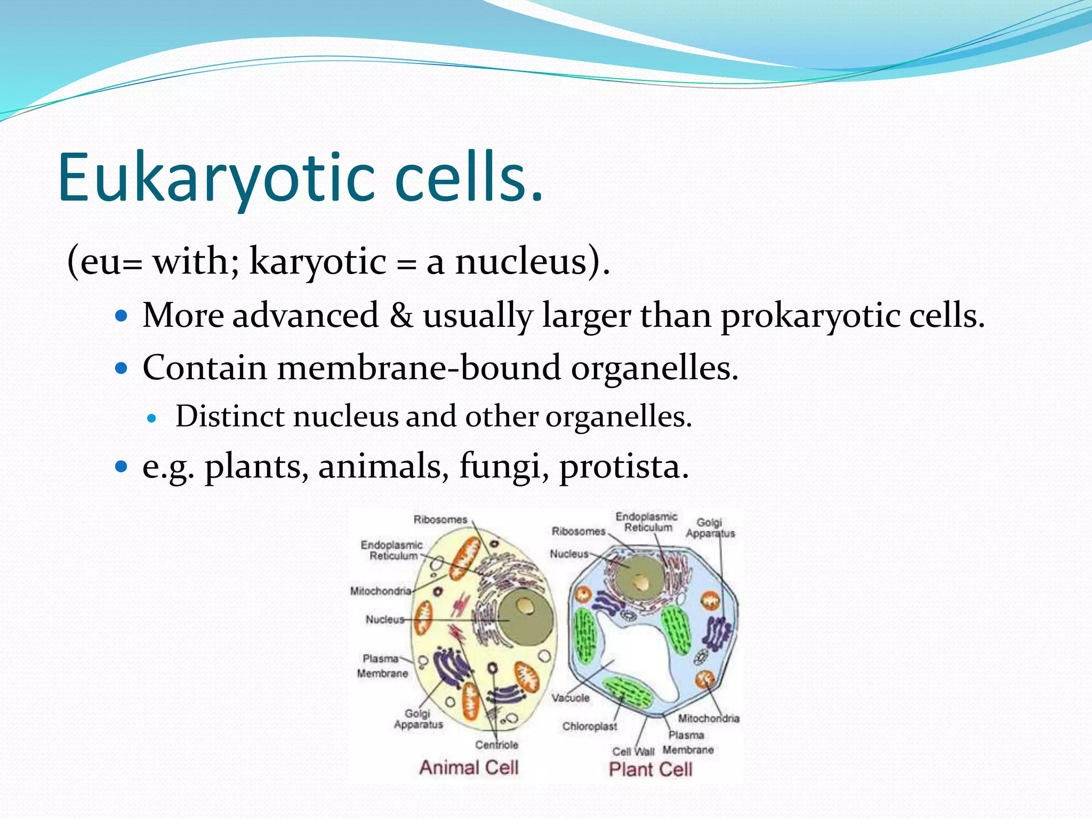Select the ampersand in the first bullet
(401, 316)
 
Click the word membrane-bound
(419, 368)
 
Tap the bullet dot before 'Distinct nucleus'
(152, 419)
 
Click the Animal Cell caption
(469, 767)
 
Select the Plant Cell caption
(651, 769)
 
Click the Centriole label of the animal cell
(496, 744)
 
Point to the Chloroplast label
(589, 726)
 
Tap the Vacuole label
(570, 697)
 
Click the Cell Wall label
(633, 751)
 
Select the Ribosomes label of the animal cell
(440, 519)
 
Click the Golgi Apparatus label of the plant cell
(710, 528)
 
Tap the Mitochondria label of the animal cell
(381, 591)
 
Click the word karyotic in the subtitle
(318, 262)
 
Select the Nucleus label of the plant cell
(569, 554)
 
